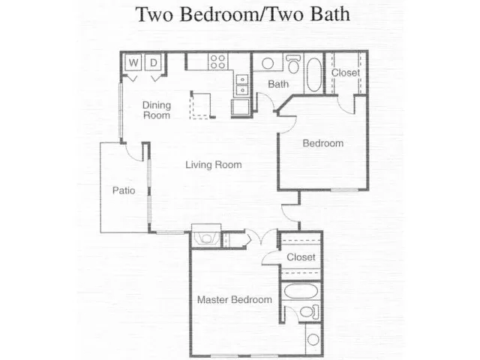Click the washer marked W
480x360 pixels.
(x=133, y=63)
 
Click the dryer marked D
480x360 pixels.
(x=153, y=63)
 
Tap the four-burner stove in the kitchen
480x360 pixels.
(x=218, y=61)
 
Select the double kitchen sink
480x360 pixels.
(x=242, y=85)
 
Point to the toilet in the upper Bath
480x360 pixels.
(x=293, y=64)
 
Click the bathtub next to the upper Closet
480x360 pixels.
(x=314, y=74)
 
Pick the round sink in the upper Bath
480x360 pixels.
(x=268, y=64)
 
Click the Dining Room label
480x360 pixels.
(x=157, y=110)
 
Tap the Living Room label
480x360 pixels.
(x=214, y=165)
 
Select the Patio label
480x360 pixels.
(x=124, y=190)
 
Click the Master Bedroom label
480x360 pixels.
(x=235, y=299)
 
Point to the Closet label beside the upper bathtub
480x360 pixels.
(x=346, y=73)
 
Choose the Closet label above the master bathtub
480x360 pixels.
(x=301, y=256)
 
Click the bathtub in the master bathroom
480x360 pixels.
(x=301, y=291)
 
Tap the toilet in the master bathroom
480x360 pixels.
(x=309, y=312)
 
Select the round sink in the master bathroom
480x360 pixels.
(x=313, y=339)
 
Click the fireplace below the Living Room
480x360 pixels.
(x=206, y=235)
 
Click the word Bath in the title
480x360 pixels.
(x=330, y=13)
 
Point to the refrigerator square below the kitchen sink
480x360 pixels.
(x=240, y=106)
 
